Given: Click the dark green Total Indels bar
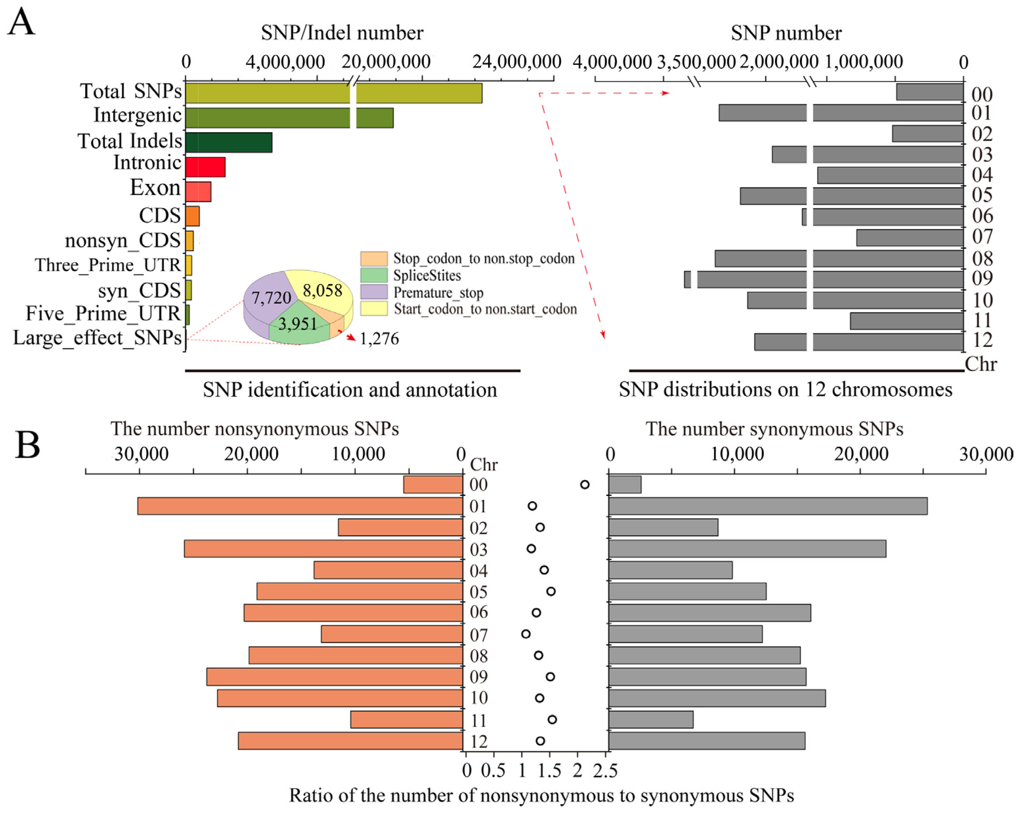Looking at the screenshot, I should (229, 142).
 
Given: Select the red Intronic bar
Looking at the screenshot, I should (205, 167).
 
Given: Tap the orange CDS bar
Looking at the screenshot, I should (192, 216).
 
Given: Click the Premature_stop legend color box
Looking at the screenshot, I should (373, 292).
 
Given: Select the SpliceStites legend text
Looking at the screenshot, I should (427, 275).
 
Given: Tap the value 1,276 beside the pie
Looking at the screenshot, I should (379, 339).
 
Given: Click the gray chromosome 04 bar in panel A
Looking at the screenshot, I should (890, 175).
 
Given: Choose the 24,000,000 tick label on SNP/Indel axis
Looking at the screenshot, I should (517, 62).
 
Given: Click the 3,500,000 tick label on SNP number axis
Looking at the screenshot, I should (696, 62).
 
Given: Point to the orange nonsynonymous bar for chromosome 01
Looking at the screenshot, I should (300, 506).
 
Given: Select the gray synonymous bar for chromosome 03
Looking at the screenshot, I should (747, 548).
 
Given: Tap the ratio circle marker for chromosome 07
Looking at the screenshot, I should (526, 634).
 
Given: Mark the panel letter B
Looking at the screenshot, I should (28, 445).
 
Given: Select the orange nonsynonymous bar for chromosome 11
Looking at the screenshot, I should (407, 720).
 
